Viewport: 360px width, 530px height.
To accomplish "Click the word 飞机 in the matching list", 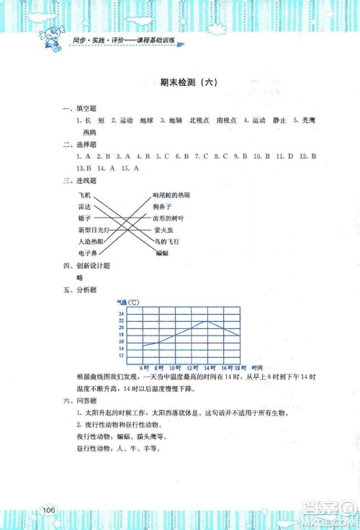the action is (84, 195).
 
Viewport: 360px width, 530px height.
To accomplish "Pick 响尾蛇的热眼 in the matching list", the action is (172, 195).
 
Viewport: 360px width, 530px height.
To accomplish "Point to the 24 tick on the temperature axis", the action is (121, 314).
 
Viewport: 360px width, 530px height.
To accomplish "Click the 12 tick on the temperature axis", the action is (121, 356).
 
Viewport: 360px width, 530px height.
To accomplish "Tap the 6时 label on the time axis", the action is (144, 368).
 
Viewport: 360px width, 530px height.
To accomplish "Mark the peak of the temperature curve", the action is (207, 321).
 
